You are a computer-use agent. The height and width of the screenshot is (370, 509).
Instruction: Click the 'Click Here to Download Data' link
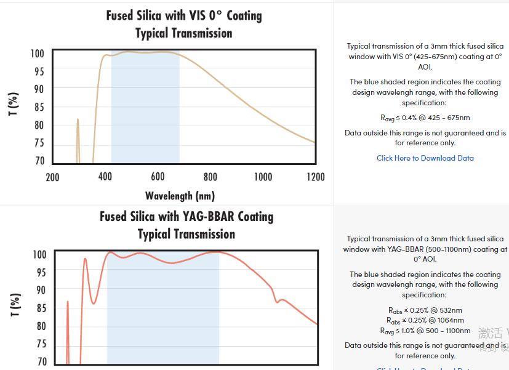click(425, 158)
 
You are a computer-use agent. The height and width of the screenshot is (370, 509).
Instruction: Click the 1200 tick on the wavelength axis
click(315, 177)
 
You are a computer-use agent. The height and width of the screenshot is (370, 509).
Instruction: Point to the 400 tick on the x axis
click(105, 177)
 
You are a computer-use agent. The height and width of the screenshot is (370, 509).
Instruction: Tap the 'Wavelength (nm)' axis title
click(180, 196)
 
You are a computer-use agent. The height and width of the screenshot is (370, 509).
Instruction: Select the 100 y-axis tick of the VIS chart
click(38, 54)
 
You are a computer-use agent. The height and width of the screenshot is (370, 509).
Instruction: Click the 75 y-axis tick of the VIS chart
click(39, 143)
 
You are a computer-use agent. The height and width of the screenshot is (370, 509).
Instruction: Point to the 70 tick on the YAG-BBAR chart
click(41, 361)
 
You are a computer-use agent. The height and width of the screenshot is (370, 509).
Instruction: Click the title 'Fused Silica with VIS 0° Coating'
click(184, 15)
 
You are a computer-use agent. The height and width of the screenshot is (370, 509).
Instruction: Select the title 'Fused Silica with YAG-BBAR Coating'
click(186, 217)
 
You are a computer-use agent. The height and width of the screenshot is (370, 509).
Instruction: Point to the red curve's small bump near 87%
click(282, 300)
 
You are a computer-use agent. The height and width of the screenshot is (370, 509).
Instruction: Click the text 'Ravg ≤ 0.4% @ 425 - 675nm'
click(425, 118)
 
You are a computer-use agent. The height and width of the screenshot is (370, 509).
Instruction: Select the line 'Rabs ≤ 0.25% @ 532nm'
click(425, 310)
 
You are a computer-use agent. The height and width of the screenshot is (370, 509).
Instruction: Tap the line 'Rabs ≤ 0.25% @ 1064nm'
click(425, 320)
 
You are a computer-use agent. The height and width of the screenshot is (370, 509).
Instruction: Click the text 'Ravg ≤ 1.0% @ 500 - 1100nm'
click(425, 331)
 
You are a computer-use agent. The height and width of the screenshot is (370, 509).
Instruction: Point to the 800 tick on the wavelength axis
click(210, 177)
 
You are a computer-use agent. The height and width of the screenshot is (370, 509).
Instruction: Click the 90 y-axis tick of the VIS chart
click(39, 89)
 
